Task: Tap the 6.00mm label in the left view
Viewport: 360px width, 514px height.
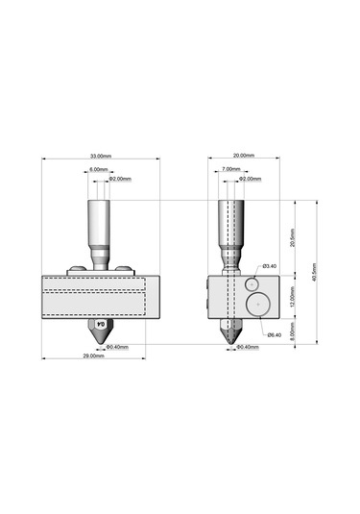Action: pos(98,169)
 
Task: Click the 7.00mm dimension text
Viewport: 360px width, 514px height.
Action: pos(231,169)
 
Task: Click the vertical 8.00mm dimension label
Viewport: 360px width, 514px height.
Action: pos(293,332)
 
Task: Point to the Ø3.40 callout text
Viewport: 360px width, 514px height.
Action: pos(269,266)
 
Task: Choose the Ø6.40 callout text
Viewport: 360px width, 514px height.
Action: pos(274,335)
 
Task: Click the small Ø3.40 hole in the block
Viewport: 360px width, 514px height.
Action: pos(251,283)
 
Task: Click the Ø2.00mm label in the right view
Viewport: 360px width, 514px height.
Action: pos(250,179)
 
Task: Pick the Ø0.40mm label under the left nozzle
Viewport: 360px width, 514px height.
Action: pos(117,347)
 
